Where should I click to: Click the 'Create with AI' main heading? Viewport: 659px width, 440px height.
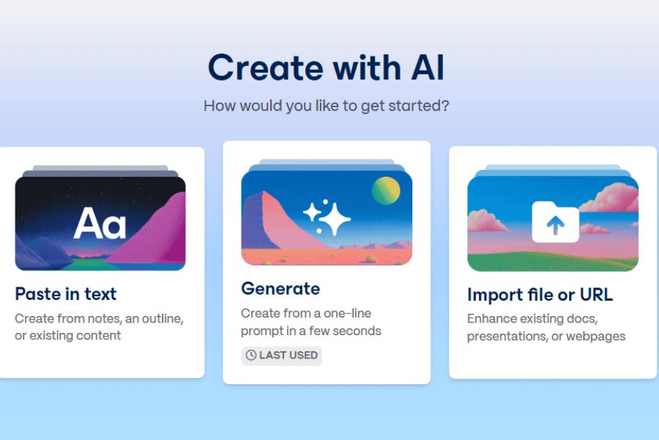point(326,67)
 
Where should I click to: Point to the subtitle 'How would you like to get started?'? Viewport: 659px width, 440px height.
point(326,106)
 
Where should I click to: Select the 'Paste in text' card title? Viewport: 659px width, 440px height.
point(66,294)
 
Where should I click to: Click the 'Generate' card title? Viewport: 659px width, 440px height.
point(280,289)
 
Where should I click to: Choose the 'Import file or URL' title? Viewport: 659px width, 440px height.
point(540,295)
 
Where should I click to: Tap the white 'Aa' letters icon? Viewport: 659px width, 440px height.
point(100,223)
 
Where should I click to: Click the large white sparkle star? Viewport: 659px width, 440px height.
point(335,219)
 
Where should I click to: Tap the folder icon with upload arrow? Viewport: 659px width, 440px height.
point(555,222)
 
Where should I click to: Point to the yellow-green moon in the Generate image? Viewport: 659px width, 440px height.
point(386,191)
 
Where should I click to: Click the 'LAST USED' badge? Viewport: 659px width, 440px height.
point(282,356)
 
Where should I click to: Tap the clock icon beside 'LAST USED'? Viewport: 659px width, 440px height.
point(251,356)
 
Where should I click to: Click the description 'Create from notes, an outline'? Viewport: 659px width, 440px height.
point(99,319)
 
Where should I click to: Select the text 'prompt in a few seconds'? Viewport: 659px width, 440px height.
point(311,331)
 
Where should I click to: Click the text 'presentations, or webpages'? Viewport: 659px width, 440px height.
point(546,337)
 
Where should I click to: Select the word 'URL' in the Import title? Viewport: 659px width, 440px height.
point(596,294)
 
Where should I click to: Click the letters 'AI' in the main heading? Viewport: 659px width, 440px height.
point(428,67)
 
